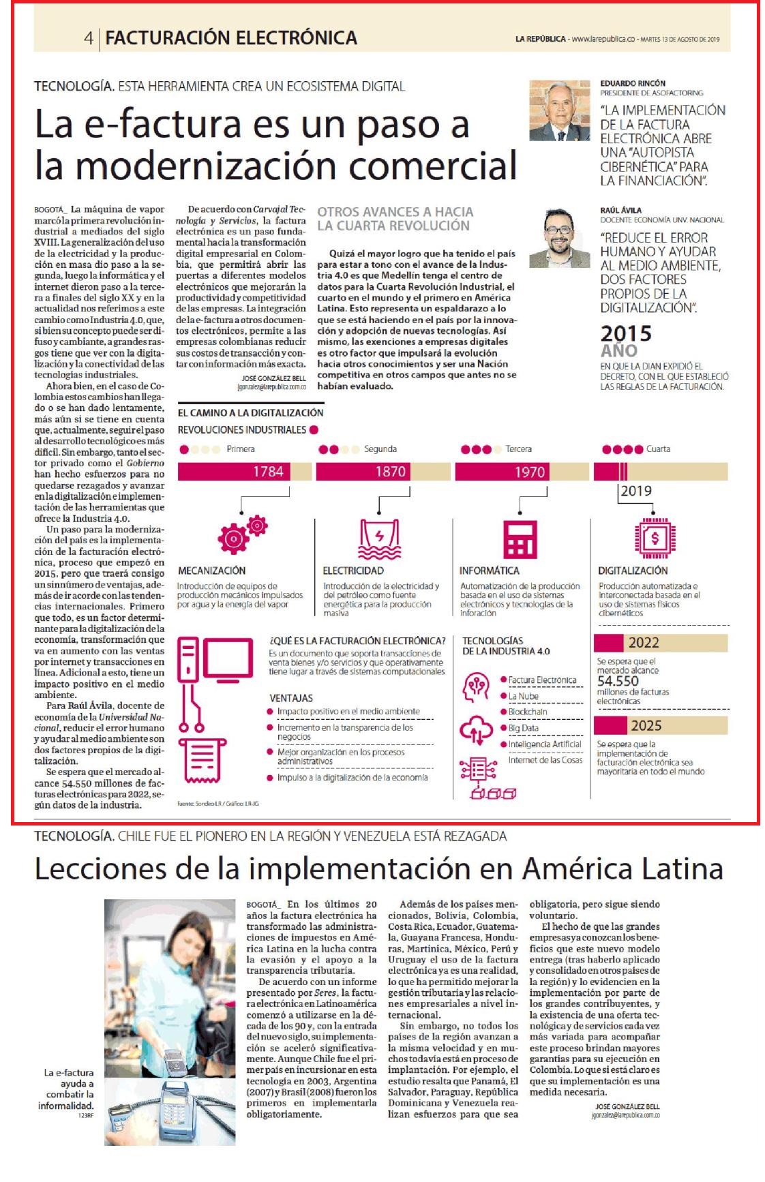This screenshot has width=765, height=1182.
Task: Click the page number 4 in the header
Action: [x=89, y=37]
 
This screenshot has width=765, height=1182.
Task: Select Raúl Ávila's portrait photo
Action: [x=559, y=237]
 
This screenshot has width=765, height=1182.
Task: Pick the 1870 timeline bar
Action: [x=384, y=472]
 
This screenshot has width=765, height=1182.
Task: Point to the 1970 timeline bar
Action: [x=522, y=472]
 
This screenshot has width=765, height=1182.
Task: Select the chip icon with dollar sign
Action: [x=655, y=538]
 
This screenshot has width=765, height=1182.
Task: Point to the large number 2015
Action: [x=626, y=333]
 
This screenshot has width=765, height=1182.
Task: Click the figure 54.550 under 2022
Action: [x=618, y=681]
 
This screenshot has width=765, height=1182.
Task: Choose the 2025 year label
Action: [x=646, y=726]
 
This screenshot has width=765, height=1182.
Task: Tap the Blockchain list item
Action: [x=528, y=712]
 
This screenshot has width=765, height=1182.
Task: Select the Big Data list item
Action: [x=523, y=727]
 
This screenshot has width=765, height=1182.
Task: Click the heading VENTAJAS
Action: [x=291, y=698]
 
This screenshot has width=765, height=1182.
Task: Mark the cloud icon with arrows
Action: [x=477, y=731]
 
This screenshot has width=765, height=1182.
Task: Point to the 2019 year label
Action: [x=635, y=491]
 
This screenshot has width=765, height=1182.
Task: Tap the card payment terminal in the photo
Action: [x=179, y=1112]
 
